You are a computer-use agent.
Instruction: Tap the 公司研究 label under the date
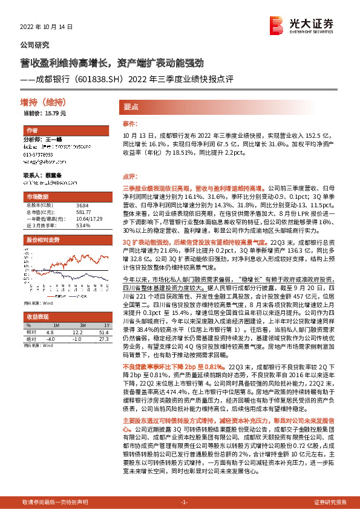pyautogui.click(x=34, y=45)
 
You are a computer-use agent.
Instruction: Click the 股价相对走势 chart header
pyautogui.click(x=42, y=239)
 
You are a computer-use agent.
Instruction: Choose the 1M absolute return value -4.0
pyautogui.click(x=50, y=339)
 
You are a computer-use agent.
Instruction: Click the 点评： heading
pyautogui.click(x=130, y=177)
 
